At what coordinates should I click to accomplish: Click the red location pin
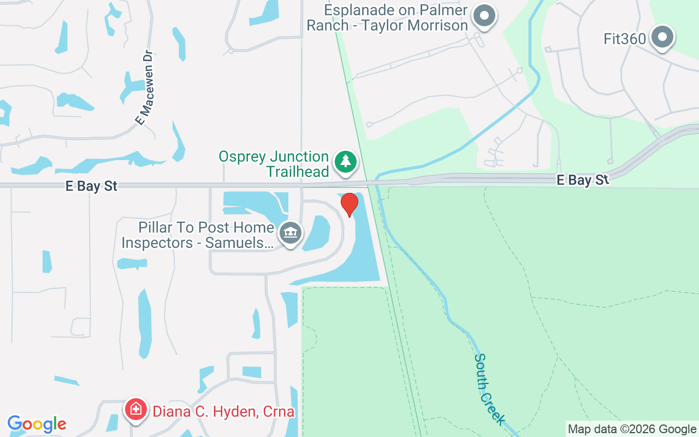(349, 204)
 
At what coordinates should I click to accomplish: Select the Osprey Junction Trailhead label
(274, 164)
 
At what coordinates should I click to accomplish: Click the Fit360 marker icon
(663, 37)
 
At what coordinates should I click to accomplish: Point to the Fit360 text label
(625, 39)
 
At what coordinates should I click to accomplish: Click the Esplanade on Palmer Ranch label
(387, 17)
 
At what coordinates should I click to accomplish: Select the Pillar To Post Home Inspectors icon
(291, 233)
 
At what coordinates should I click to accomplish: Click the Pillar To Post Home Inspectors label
(198, 235)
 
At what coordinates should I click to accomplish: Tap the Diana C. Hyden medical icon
(135, 409)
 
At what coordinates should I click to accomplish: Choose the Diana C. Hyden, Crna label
(223, 411)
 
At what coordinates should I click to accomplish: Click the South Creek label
(489, 389)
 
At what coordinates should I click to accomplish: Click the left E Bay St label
(91, 186)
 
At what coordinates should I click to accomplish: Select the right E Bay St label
(583, 180)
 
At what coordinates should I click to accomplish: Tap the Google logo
(37, 424)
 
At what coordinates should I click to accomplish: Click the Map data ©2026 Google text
(632, 429)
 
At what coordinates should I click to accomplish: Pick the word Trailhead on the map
(298, 172)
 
